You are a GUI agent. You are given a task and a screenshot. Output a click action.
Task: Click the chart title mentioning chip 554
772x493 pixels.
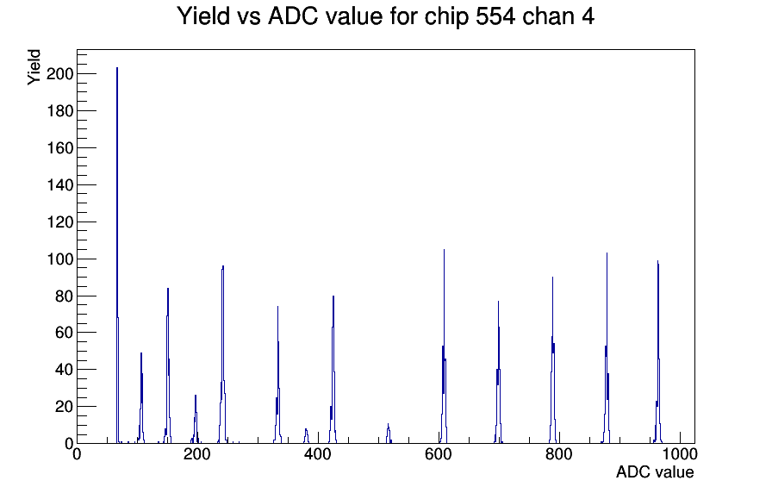click(385, 16)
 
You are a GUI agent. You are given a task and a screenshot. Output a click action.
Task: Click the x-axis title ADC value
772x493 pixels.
click(654, 472)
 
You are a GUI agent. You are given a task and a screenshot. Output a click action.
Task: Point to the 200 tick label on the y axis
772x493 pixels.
click(60, 74)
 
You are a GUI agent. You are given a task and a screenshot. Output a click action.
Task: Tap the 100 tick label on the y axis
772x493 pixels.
click(60, 259)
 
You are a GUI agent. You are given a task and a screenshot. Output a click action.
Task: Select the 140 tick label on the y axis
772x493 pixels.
click(60, 185)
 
